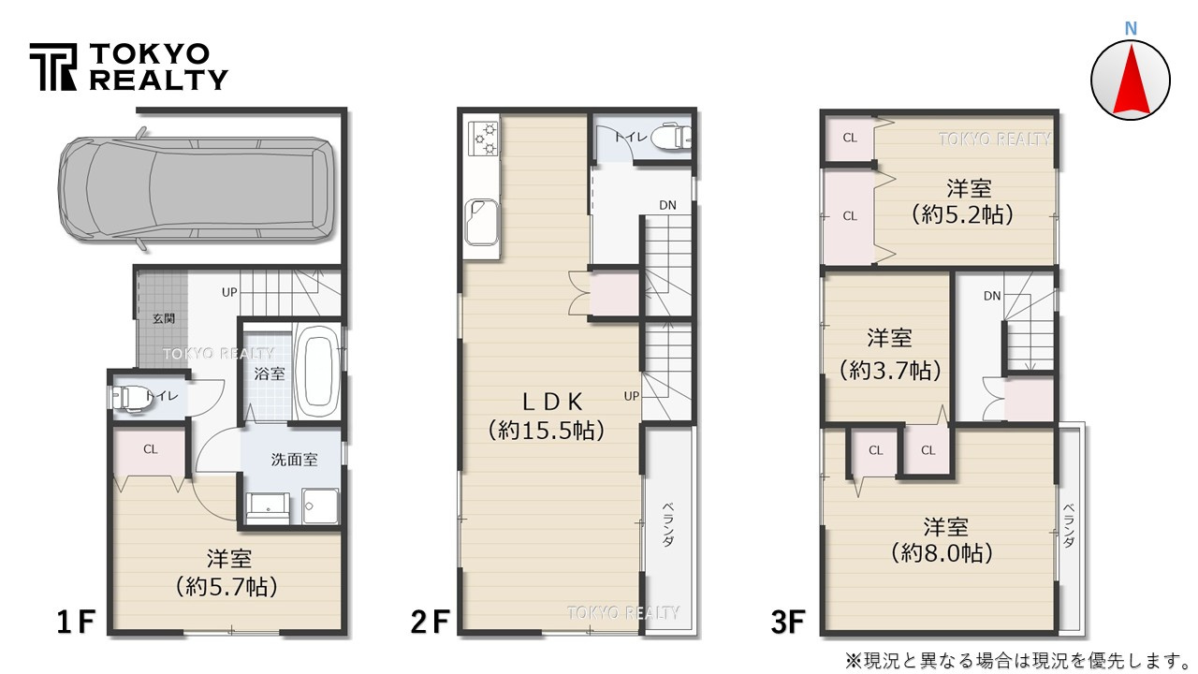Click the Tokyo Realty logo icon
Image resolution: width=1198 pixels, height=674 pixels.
pos(52,67)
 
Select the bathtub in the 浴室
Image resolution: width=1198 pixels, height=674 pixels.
pos(317,373)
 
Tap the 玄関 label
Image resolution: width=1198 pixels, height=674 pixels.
pos(163,318)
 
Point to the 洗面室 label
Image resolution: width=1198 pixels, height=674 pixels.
pos(294,461)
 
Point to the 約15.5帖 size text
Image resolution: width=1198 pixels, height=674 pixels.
pos(545,431)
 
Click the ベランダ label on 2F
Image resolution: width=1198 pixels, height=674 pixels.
pos(667,524)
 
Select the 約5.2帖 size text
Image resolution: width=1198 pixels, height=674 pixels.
pos(962,213)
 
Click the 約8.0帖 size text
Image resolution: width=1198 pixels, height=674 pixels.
pos(942,553)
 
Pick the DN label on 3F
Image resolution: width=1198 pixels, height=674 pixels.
pos(992,296)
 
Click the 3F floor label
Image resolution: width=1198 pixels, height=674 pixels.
pos(787,620)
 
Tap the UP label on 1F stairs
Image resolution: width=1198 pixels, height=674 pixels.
pos(229,292)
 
